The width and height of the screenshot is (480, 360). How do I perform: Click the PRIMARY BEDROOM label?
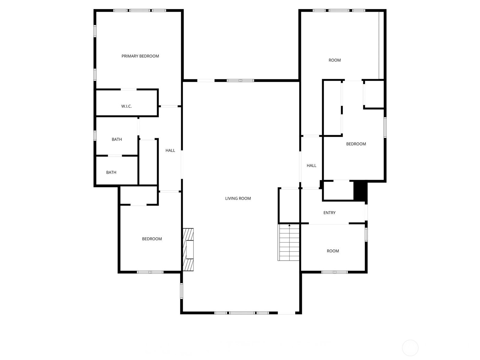(140, 56)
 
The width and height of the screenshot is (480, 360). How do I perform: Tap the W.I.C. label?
(126, 106)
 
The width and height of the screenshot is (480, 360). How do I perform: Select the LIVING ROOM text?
(238, 199)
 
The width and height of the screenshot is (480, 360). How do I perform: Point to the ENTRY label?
(329, 213)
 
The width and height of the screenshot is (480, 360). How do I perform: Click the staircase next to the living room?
(288, 242)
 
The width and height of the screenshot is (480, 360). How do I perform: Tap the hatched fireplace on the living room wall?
(188, 250)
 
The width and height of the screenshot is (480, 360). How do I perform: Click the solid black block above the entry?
(360, 191)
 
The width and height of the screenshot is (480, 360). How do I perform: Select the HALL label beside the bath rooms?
(170, 150)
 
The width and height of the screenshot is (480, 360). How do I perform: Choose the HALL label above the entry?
(311, 166)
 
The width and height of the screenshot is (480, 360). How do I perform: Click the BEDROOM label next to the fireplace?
(152, 239)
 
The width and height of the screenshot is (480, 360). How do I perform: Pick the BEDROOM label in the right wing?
(356, 144)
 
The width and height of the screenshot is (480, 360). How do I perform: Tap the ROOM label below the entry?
(333, 251)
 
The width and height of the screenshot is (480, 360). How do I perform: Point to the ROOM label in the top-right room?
(334, 60)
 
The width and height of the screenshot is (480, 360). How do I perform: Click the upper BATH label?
(117, 139)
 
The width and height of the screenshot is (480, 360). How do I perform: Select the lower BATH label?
(111, 172)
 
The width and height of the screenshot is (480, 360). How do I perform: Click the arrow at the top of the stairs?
(289, 225)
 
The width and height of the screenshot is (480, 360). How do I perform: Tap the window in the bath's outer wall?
(95, 136)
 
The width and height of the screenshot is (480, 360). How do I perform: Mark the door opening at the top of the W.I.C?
(129, 89)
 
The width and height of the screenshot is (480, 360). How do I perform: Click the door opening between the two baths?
(115, 156)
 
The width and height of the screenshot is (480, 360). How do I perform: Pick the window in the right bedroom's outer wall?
(385, 127)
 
